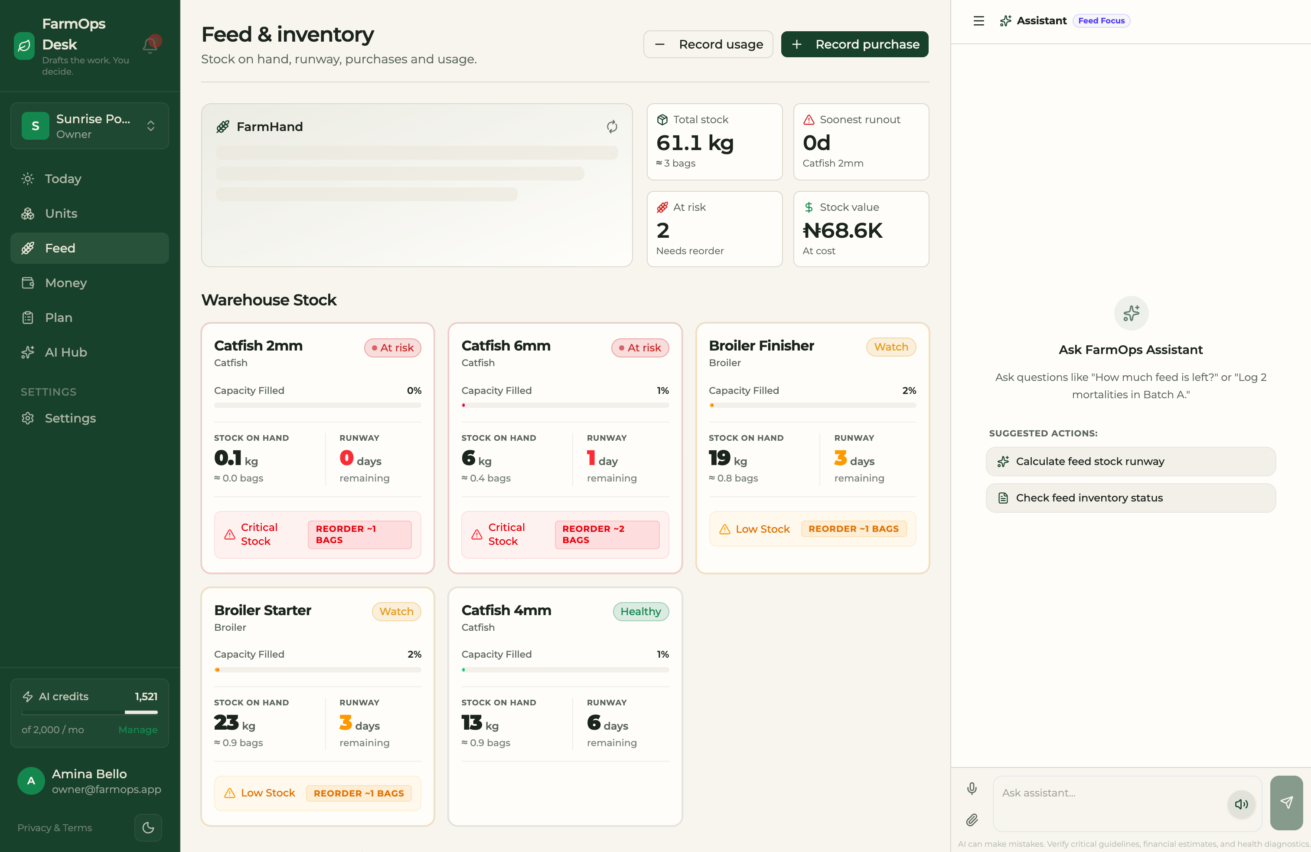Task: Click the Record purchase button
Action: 854,44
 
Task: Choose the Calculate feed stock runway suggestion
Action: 1130,461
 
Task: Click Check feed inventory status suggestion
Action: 1130,498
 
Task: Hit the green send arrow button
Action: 1286,803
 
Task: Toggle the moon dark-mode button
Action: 148,827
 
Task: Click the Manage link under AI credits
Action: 138,730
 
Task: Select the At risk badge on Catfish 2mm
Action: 393,348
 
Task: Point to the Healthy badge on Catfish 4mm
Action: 641,611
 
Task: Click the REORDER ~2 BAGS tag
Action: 607,534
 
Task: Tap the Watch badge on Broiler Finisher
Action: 891,347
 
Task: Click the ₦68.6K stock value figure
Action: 842,230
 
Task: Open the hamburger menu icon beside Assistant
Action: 978,21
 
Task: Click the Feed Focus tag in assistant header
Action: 1101,21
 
